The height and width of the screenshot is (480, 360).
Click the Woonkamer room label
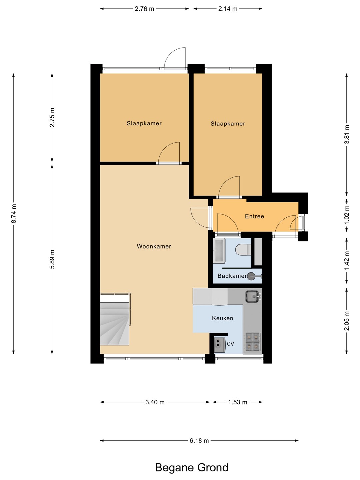[154, 246]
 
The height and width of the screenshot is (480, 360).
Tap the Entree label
[254, 216]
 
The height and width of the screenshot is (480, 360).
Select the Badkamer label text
[232, 276]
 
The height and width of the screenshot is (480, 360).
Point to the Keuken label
[223, 318]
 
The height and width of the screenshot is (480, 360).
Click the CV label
[230, 344]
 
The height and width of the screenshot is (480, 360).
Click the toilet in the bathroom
[243, 250]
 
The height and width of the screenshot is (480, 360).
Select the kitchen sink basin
[253, 296]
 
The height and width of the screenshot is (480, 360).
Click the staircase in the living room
[115, 319]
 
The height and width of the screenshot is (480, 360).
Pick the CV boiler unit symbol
[220, 345]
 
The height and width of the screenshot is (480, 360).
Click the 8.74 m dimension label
[14, 213]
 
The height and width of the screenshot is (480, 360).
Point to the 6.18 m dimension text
[199, 441]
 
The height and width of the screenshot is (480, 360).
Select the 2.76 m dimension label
[144, 9]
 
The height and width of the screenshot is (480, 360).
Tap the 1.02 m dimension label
[347, 215]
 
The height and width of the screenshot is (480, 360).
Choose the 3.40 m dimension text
[155, 402]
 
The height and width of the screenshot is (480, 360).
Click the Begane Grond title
[192, 468]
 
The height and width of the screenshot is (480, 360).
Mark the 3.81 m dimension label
[347, 134]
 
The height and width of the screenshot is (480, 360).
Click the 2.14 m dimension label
[228, 9]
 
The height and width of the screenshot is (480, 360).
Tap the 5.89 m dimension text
[52, 259]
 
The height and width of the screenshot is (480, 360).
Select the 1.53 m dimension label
[238, 402]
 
